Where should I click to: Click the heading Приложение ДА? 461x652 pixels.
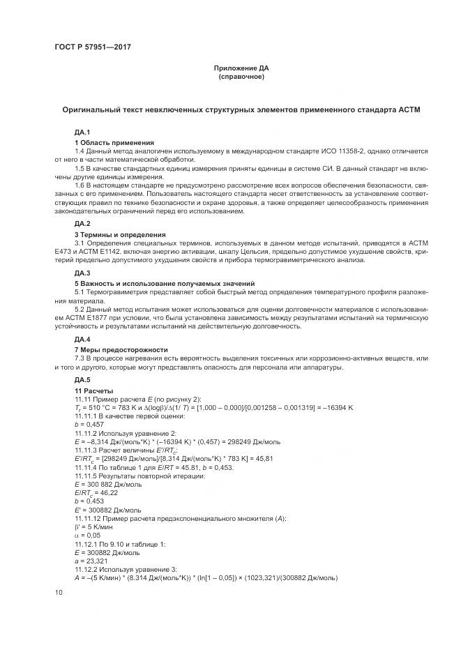(241, 68)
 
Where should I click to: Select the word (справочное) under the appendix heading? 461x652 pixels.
(241, 76)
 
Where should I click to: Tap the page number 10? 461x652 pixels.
(59, 593)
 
